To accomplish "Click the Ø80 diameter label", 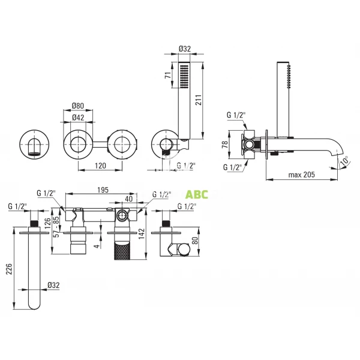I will point(77,106).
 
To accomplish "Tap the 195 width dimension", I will point(103,190).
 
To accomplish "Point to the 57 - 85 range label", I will point(57,229).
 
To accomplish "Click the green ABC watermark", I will point(196,194).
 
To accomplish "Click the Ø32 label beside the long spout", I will point(55,286).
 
